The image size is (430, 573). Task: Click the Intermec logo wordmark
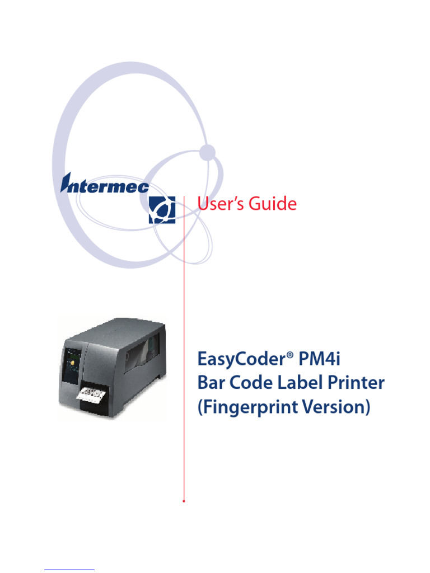click(105, 185)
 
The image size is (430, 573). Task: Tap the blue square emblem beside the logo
click(162, 210)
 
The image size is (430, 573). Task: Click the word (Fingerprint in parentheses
click(251, 408)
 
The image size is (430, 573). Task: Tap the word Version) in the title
click(342, 408)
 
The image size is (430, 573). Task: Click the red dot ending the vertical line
click(184, 501)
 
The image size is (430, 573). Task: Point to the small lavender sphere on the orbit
click(208, 151)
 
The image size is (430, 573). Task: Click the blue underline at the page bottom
click(69, 569)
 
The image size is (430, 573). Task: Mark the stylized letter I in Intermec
click(66, 183)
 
